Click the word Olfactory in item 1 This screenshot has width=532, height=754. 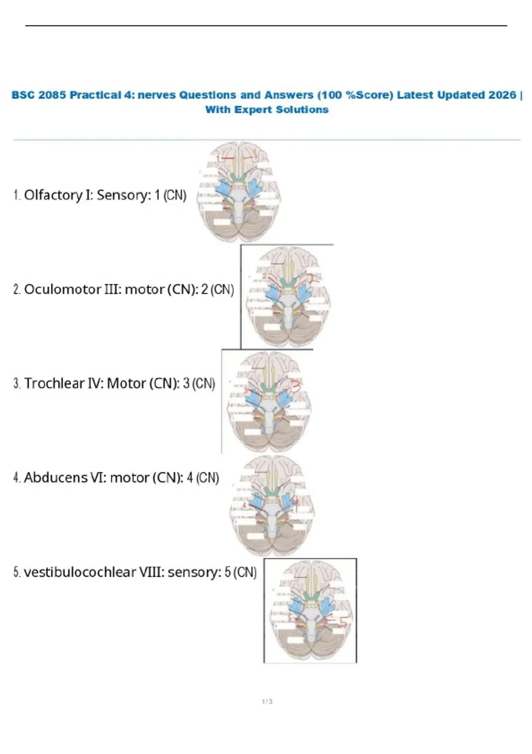53,195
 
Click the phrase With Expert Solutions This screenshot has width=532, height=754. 266,110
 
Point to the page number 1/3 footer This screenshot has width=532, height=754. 267,702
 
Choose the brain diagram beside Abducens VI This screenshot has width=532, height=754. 272,506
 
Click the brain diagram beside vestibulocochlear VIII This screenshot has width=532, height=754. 311,611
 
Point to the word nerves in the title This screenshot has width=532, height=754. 156,95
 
